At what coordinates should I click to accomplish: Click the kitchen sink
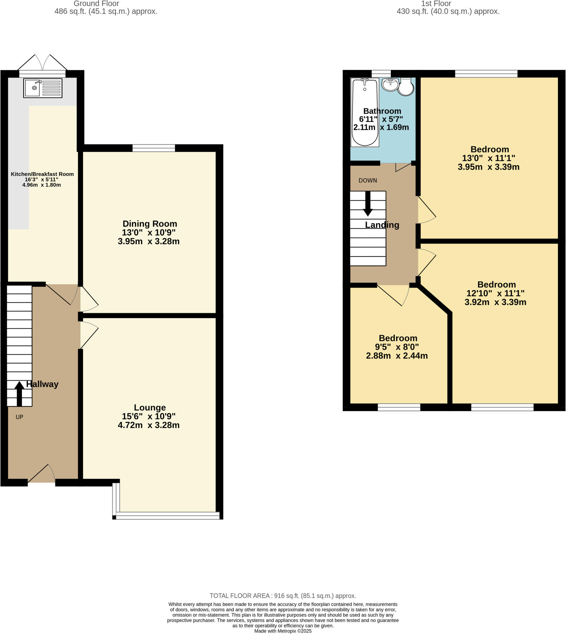[42, 88]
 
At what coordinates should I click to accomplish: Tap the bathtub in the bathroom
[365, 112]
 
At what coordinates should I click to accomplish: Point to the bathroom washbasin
[390, 85]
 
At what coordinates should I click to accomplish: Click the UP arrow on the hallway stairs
[19, 393]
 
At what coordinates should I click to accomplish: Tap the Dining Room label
[149, 224]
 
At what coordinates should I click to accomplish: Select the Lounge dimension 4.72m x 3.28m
[149, 425]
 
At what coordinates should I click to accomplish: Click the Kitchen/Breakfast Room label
[42, 174]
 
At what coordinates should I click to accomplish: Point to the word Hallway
[42, 384]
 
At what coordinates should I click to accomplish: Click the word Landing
[382, 225]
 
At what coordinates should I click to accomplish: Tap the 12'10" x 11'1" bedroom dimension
[495, 293]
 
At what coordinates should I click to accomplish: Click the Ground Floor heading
[96, 4]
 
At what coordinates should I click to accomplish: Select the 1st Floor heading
[436, 4]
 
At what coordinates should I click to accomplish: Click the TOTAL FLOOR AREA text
[283, 596]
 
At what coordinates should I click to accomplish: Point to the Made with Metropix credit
[283, 631]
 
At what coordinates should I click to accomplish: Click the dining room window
[154, 148]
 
